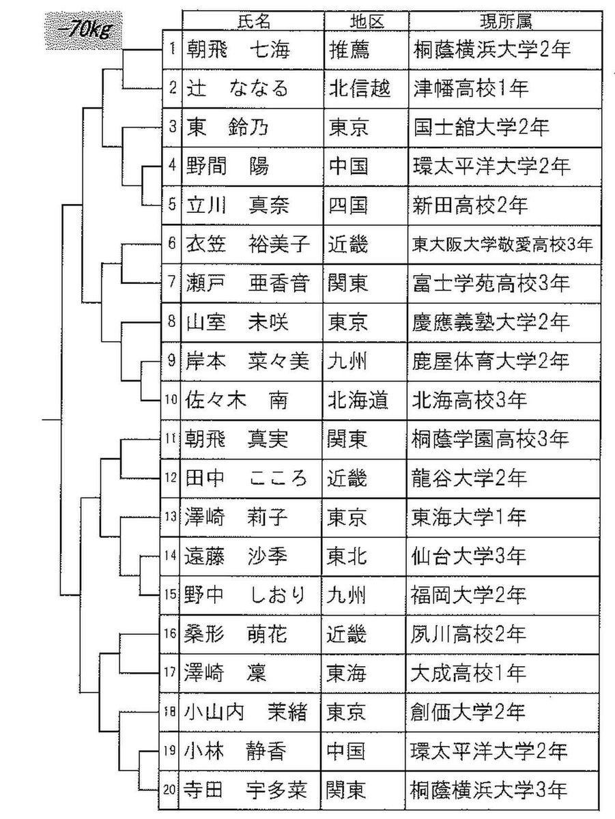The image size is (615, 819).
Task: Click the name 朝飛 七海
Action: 238,51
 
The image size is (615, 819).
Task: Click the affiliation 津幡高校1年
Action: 472,88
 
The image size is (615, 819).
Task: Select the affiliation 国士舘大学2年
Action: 481,127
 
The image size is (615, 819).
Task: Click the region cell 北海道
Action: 358,399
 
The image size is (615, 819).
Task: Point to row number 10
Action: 171,399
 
